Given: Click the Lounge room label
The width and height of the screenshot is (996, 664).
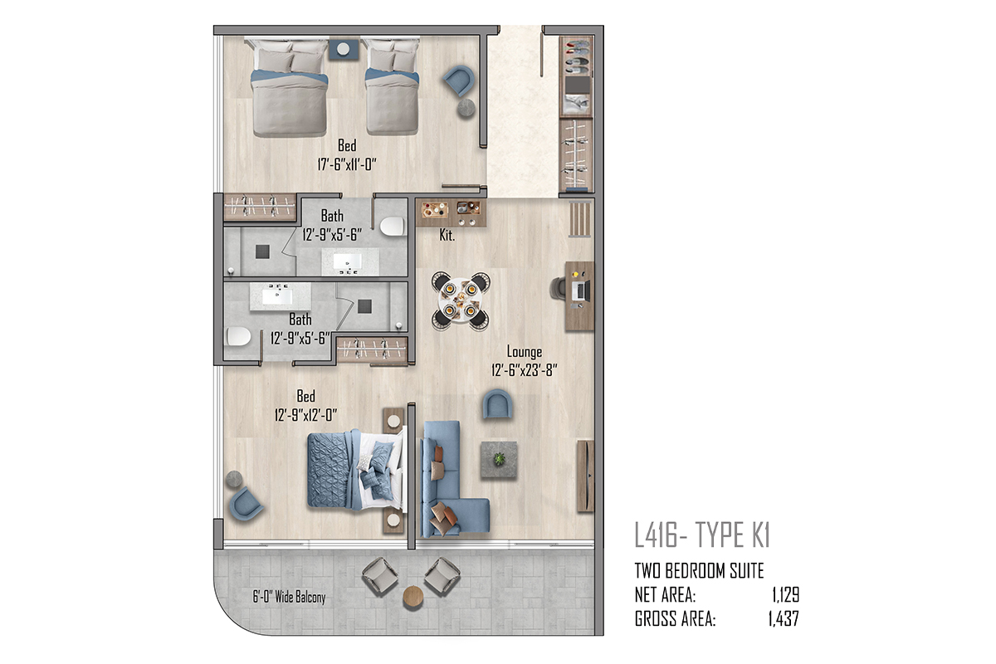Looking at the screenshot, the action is [x=525, y=352].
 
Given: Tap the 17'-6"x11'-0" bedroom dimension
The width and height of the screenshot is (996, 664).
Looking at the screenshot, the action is [x=347, y=164].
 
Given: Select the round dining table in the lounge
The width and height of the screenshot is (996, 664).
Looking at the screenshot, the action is [x=461, y=301].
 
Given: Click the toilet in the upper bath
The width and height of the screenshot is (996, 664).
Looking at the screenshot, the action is [x=392, y=227].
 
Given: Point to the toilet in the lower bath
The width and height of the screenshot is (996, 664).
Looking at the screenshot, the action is [x=239, y=337].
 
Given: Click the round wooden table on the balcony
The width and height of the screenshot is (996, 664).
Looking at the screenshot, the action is [x=413, y=598].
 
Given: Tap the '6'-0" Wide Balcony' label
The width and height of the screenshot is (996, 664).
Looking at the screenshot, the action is [x=289, y=597].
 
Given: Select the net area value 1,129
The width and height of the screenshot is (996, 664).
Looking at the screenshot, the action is [x=786, y=594].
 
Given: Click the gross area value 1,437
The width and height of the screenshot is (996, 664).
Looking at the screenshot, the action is [x=784, y=618].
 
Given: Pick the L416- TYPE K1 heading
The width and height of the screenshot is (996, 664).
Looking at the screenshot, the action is [x=702, y=535].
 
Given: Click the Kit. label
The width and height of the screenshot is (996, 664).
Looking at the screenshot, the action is [x=447, y=235].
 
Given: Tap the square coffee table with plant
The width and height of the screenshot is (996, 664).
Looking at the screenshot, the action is [x=499, y=460].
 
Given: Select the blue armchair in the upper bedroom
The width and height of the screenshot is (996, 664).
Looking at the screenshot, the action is [x=460, y=81].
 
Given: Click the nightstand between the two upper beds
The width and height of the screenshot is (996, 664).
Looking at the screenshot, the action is [x=344, y=49].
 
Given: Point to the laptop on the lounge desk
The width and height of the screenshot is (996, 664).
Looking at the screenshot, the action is [x=582, y=290].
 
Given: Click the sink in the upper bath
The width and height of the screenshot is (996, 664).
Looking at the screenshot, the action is [x=347, y=260].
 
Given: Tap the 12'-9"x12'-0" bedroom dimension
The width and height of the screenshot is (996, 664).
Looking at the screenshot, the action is [x=306, y=415].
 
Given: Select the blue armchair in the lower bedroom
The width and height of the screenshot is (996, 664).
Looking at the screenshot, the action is [x=246, y=504].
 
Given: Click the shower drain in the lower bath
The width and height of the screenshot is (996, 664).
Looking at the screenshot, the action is [x=364, y=306].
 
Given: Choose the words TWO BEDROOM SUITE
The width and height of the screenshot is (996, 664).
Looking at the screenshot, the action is [x=699, y=570].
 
